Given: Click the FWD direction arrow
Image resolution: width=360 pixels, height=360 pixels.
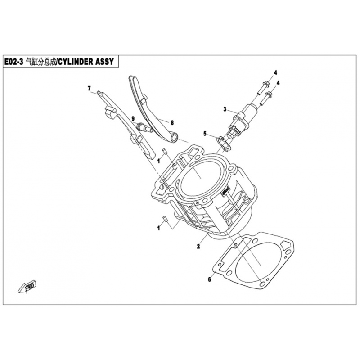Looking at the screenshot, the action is click(27, 286).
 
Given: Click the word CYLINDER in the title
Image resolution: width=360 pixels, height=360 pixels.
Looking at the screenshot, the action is click(76, 62).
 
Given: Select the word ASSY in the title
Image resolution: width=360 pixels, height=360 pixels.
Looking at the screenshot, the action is click(105, 62).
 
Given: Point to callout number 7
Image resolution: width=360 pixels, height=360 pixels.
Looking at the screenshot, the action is click(89, 88).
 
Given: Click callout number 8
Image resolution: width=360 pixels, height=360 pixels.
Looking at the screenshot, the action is click(172, 123).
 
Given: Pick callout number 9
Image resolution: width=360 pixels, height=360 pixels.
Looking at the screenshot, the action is click(133, 119).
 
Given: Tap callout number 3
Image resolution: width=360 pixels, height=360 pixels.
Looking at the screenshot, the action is click(225, 109).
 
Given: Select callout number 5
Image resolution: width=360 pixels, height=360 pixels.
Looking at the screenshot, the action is click(205, 134).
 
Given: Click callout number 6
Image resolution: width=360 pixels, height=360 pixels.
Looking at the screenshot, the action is click(209, 279).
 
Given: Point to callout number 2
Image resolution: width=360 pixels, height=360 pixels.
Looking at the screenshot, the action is click(198, 247).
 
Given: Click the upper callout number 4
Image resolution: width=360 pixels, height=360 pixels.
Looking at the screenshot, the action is click(275, 73).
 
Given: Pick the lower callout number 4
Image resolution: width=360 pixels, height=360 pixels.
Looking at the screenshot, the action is click(278, 83).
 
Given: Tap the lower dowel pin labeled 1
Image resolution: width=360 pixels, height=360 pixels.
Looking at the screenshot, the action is click(164, 219).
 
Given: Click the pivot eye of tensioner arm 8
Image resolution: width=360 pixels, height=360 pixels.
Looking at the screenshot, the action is click(174, 138).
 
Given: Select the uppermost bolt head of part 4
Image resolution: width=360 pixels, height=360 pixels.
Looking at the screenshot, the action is click(265, 83).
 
